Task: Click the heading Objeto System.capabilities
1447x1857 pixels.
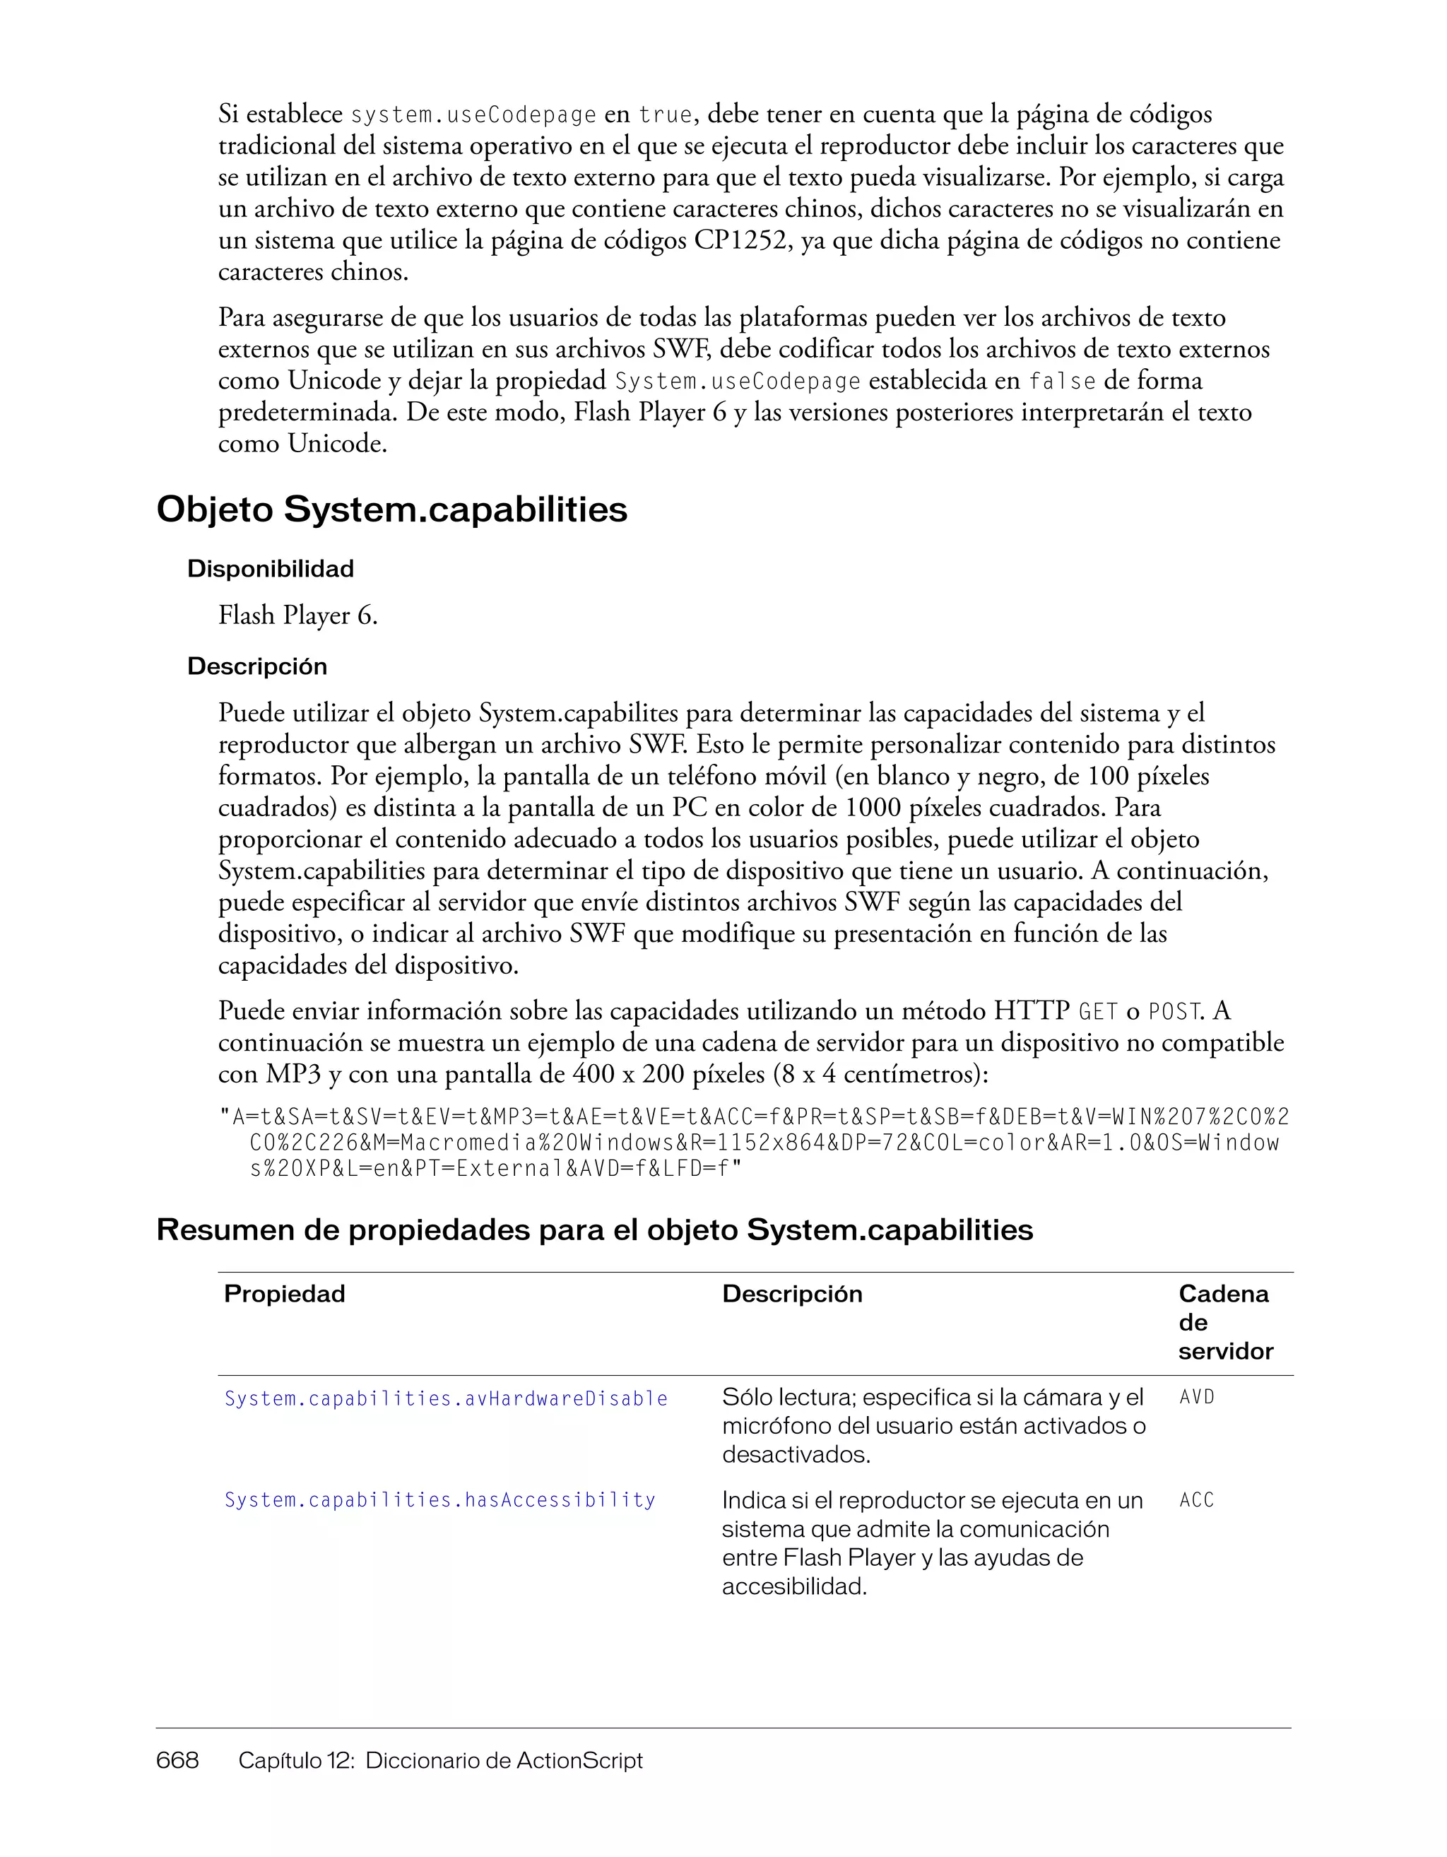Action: pos(392,510)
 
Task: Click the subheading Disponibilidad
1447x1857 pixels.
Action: pos(271,569)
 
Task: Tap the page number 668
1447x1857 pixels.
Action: pos(177,1760)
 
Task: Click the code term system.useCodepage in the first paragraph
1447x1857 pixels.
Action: pos(473,114)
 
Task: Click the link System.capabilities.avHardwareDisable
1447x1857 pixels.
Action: pos(446,1398)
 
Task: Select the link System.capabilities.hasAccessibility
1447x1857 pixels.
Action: pos(439,1500)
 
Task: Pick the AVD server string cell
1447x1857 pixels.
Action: pos(1197,1397)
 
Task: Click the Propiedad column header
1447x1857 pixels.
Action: pos(284,1294)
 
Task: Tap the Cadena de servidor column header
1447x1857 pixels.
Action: pos(1225,1322)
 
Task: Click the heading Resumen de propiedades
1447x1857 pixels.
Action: pos(594,1230)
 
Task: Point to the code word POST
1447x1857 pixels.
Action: pos(1174,1013)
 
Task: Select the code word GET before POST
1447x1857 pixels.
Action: pos(1097,1013)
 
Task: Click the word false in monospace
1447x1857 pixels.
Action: pos(1062,382)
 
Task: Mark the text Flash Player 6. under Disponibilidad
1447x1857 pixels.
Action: pos(297,615)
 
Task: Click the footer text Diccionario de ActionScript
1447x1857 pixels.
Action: pos(504,1760)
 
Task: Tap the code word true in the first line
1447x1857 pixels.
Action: pos(666,114)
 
